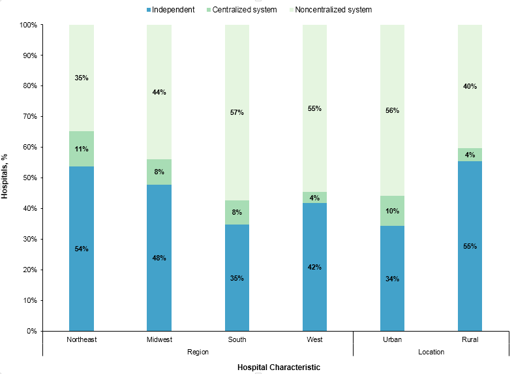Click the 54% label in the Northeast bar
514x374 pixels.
coord(82,249)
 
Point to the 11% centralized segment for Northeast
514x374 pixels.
coord(82,149)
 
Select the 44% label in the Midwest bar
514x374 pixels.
coord(159,92)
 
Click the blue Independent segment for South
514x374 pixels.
coord(237,277)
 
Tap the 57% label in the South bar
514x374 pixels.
coord(237,112)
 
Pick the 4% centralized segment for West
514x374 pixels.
coord(314,198)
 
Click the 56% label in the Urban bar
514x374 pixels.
coord(392,110)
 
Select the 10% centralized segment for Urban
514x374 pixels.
coord(392,211)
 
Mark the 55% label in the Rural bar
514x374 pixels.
coord(470,246)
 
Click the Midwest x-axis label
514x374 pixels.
coord(159,340)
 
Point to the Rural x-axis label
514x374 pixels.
coord(470,340)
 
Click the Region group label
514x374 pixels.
coord(198,352)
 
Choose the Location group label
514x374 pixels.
coord(431,352)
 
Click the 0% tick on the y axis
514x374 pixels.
coord(30,331)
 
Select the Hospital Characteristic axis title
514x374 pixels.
coord(279,367)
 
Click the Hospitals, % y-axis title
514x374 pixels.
coord(6,177)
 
